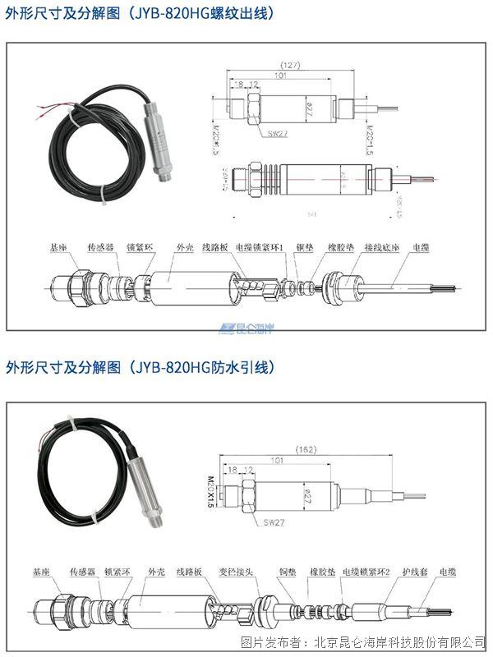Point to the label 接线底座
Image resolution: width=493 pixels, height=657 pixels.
pyautogui.click(x=382, y=247)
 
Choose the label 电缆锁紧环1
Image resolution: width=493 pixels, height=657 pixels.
pyautogui.click(x=260, y=247)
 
